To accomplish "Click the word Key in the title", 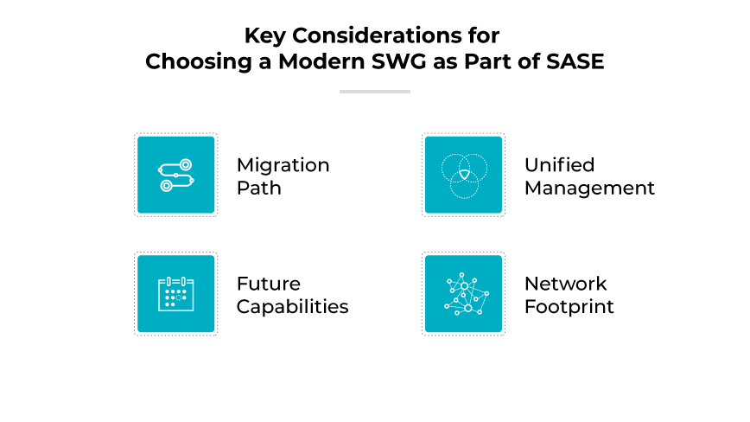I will pos(263,35).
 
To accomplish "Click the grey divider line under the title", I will pos(374,91).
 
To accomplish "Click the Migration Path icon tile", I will pos(175,175).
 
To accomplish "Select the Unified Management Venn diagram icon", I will pos(463,175).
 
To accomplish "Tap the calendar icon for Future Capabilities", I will pos(175,294).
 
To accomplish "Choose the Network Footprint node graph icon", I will pos(463,294).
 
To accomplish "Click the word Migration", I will pos(283,164).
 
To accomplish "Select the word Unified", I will pos(559,164).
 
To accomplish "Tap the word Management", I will pos(589,188).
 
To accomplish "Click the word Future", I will pos(269,284).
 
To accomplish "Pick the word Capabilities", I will pos(292,307).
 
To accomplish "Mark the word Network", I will pos(566,284).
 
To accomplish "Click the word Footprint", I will pos(569,307).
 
